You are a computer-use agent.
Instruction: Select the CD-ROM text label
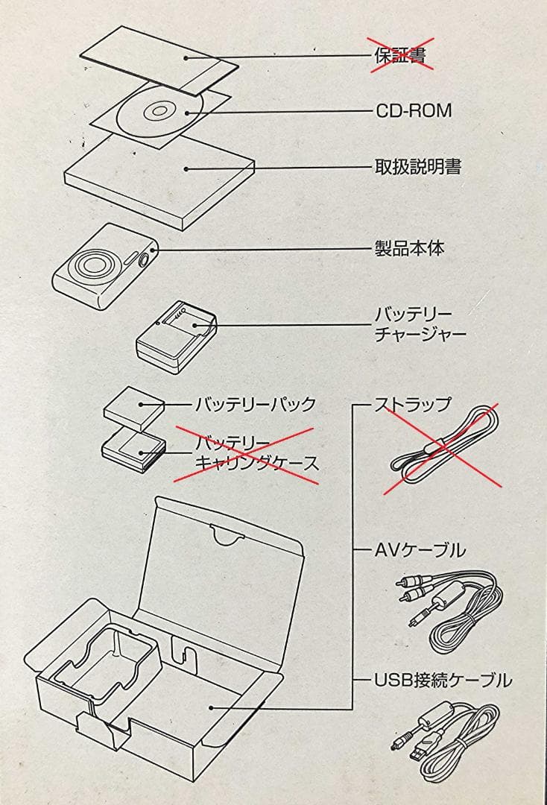413,111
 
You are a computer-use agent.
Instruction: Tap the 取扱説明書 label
417,166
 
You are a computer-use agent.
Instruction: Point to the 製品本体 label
408,249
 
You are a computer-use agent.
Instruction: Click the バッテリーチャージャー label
420,323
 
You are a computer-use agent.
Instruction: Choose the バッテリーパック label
255,405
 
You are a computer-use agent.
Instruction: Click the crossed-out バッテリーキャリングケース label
248,453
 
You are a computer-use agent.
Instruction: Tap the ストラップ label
412,405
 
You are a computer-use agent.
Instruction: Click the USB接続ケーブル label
443,680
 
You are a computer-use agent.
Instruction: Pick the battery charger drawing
175,337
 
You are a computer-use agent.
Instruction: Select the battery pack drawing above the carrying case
134,408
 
